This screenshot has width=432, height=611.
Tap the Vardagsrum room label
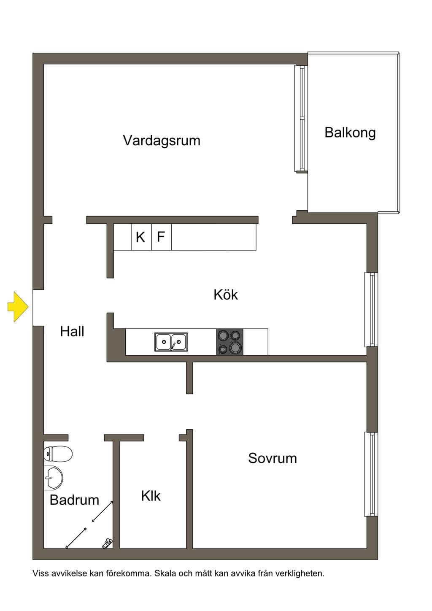[x=162, y=141]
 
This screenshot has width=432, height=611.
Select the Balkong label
[x=350, y=133]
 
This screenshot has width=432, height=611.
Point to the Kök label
[x=226, y=295]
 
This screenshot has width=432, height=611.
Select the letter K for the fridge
[x=140, y=237]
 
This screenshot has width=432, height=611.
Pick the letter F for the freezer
[x=161, y=236]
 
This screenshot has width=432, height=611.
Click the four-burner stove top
[x=229, y=342]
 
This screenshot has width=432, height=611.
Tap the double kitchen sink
[x=171, y=342]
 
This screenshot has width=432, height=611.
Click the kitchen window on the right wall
[x=371, y=310]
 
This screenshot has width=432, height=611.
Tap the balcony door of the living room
[x=301, y=118]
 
